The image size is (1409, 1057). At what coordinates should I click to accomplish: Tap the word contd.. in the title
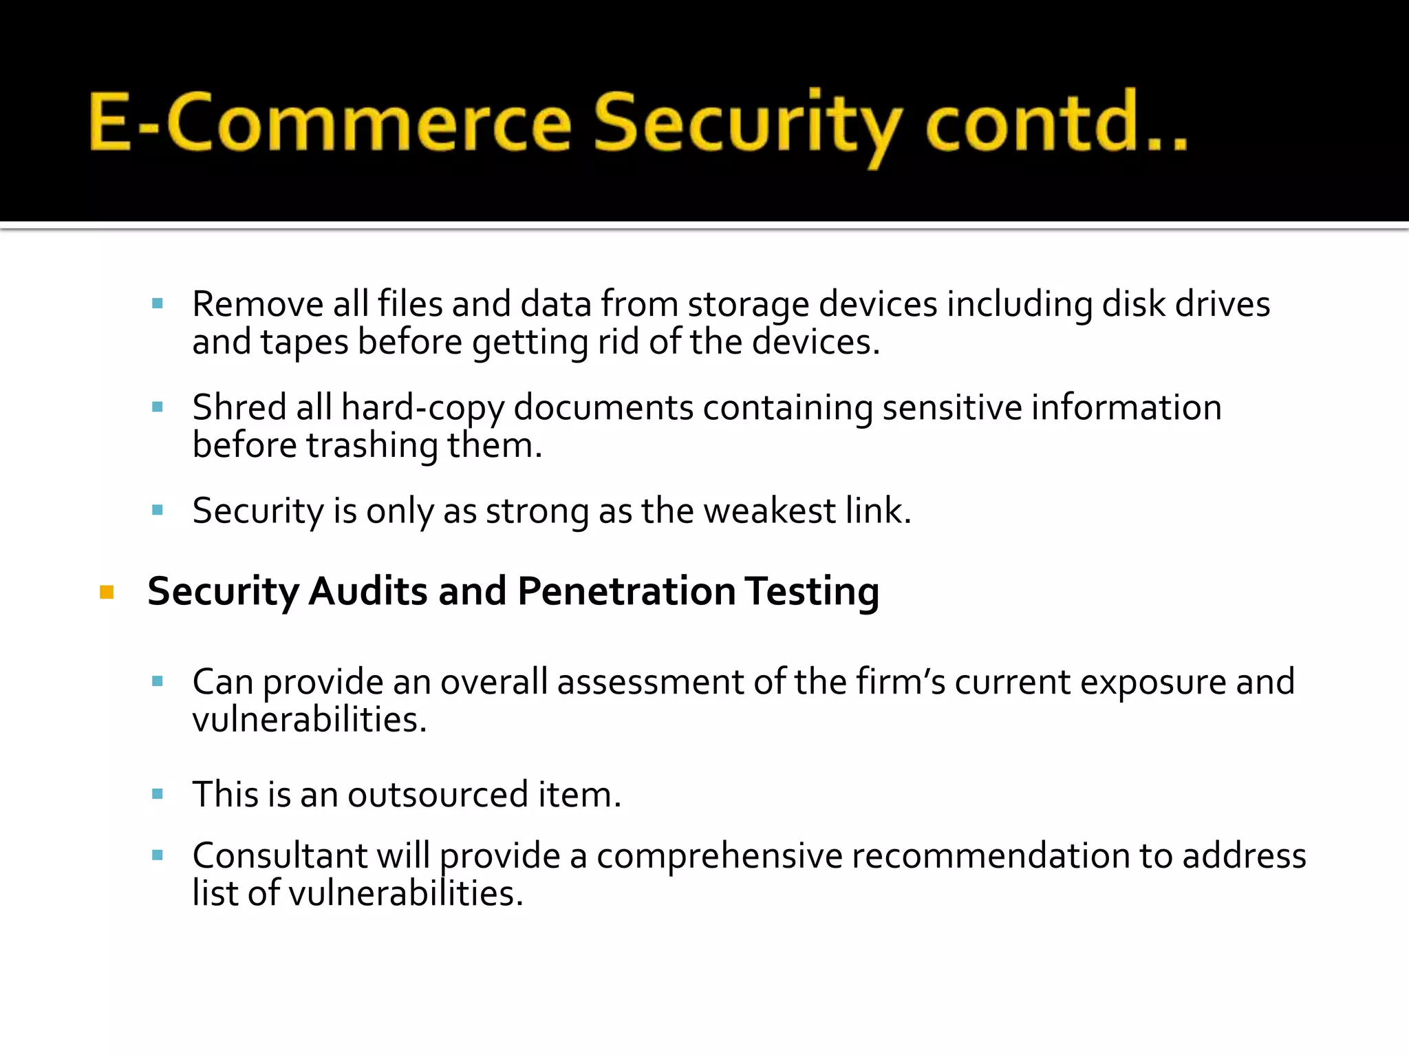point(1055,122)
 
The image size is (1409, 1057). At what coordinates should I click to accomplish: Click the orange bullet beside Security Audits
point(107,592)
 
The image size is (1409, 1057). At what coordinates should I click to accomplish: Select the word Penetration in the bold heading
point(626,591)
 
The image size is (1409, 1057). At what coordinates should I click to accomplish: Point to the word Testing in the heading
point(812,592)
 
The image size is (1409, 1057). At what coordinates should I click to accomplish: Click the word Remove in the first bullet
point(257,304)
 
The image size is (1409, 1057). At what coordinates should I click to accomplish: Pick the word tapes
point(304,343)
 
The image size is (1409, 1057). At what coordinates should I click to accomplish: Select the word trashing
point(372,446)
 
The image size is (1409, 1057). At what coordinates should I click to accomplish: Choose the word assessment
point(650,683)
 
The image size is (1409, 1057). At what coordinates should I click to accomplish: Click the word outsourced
point(438,795)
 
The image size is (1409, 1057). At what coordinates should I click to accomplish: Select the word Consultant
point(279,856)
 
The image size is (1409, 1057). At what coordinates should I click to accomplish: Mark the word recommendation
point(991,856)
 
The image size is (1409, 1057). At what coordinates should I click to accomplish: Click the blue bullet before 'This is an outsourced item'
point(158,794)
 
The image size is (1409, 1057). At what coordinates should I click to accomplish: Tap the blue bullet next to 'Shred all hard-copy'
point(158,407)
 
